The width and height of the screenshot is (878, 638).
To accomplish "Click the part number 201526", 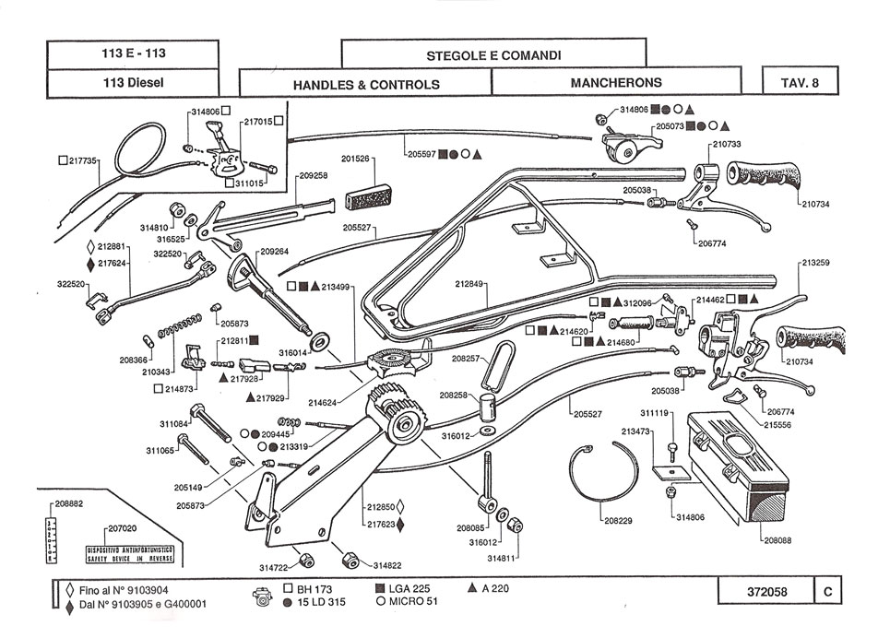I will [357, 159].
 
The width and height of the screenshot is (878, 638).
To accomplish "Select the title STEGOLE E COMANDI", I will [493, 55].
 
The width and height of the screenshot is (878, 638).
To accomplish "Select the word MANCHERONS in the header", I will [616, 83].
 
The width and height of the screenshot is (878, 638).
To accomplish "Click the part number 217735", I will [83, 160].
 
